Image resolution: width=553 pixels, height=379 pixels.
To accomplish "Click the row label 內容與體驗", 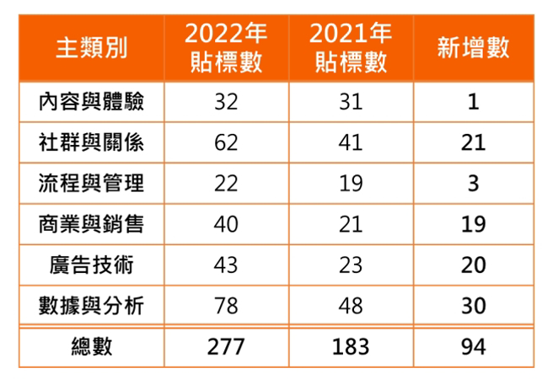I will tap(92, 102).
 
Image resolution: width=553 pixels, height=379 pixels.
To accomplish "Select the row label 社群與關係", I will tap(92, 142).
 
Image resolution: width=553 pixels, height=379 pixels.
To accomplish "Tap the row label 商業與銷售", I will tap(92, 224).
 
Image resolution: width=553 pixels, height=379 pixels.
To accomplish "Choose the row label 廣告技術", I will tap(92, 264).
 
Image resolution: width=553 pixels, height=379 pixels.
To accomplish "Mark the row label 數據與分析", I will tap(92, 305).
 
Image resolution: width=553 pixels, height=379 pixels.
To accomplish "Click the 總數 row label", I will tap(92, 347).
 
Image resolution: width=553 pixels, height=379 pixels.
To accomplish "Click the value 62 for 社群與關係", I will tap(227, 142).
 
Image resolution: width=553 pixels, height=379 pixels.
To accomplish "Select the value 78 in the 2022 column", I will tap(227, 305).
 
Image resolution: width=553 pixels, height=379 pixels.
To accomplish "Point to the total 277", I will tap(227, 347).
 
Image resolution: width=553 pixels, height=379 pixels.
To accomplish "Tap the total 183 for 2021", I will tap(351, 347).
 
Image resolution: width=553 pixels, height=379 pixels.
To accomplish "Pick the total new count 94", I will tap(473, 347).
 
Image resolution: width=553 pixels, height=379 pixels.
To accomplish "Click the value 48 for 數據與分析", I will tap(351, 305).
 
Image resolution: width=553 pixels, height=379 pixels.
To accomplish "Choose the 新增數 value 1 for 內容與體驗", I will tap(473, 102).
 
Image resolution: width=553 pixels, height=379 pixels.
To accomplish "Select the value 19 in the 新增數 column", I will tap(473, 224).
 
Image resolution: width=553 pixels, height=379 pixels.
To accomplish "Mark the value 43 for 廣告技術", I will tap(227, 264).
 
